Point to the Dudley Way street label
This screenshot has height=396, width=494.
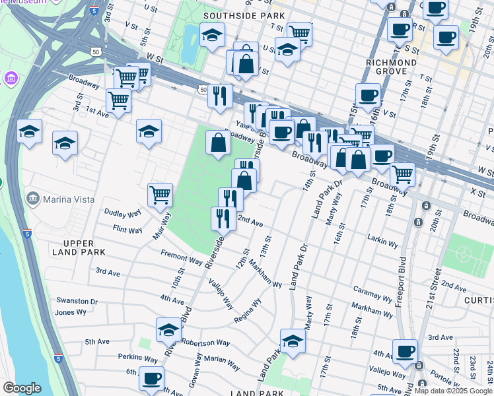tap(123, 213)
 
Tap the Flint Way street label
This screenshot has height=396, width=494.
tap(127, 230)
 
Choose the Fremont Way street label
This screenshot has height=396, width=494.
tap(181, 257)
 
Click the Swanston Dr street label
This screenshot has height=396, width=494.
tap(77, 301)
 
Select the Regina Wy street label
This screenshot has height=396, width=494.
tap(248, 312)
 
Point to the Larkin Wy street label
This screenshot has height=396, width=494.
tap(382, 244)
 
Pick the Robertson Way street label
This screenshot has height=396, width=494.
tap(205, 343)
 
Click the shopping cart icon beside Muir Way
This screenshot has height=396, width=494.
tap(160, 194)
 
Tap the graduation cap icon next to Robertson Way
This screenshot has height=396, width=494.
tap(168, 329)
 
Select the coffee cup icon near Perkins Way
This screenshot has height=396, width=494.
tap(152, 378)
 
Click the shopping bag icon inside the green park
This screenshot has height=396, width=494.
tap(218, 141)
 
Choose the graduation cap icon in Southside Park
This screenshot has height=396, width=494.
tap(212, 34)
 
